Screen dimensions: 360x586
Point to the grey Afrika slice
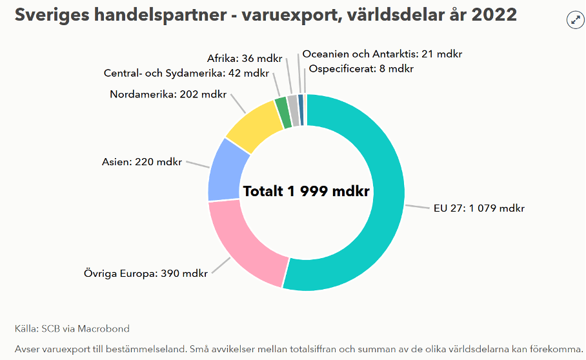coord(292,102)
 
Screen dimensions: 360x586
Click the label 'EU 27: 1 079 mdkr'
coord(479,208)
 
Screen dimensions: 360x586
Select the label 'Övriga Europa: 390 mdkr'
coord(146,273)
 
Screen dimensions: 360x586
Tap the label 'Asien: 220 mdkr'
coord(142,161)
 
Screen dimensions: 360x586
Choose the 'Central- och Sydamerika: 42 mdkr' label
coord(186,73)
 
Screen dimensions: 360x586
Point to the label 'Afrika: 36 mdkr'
coord(245,58)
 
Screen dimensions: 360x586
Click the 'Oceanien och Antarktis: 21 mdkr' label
coord(382,54)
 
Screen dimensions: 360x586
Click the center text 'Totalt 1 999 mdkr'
coord(306,191)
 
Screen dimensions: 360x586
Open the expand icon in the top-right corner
coord(575,20)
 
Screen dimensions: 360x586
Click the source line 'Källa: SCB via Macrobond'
coord(72,328)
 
